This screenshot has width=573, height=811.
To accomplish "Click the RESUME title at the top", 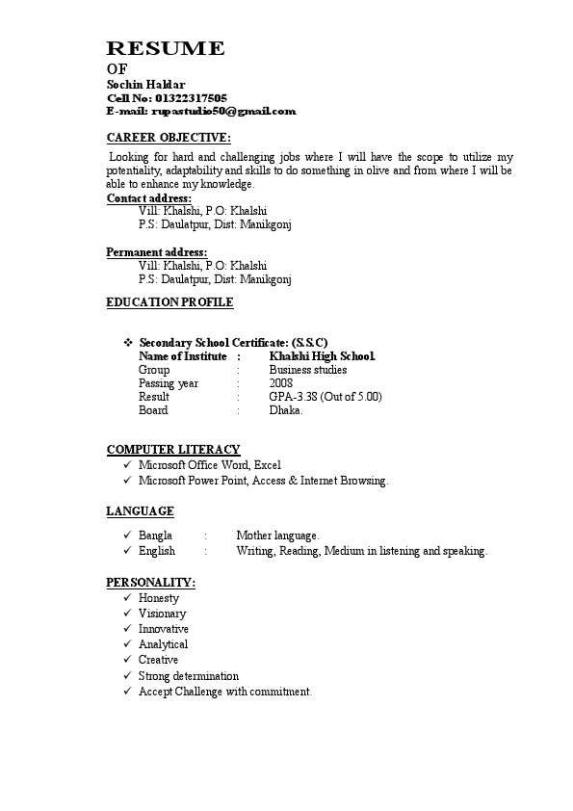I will (166, 49).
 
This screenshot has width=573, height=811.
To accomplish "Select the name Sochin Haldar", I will (146, 85).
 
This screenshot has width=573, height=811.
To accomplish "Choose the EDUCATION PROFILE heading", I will (169, 302).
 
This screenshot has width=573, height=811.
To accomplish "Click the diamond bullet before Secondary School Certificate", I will (128, 342).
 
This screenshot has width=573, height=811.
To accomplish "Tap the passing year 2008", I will (281, 383).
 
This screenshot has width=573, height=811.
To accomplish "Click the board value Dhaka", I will (286, 410).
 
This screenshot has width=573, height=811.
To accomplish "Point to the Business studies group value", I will (308, 370).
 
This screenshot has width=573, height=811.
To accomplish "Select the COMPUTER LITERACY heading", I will (173, 450).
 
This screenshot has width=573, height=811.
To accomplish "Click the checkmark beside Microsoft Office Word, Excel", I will (128, 464).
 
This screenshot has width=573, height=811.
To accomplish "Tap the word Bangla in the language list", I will (155, 536).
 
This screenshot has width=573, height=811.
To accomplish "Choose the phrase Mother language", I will (277, 536).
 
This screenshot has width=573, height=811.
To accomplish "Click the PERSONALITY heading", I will (151, 584).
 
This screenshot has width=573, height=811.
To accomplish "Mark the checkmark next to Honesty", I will (128, 598).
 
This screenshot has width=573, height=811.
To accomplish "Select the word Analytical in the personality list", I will (163, 644).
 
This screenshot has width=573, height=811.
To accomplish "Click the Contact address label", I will (148, 198).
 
